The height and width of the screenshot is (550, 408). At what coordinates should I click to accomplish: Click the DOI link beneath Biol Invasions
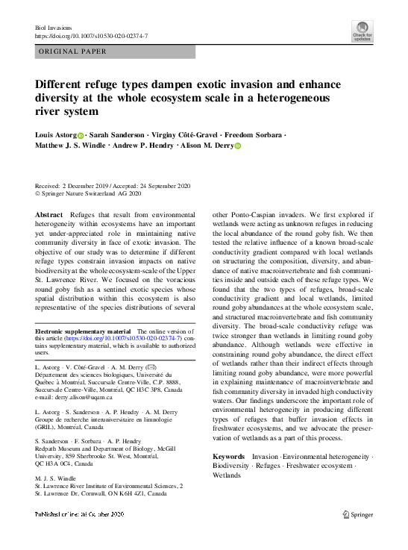[92, 36]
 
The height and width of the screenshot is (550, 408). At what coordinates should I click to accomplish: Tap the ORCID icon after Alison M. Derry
[239, 147]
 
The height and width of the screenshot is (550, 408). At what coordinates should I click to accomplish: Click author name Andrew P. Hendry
[142, 147]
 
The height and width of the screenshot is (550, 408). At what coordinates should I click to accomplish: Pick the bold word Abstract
[50, 214]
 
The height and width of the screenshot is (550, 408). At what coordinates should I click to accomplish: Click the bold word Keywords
[229, 456]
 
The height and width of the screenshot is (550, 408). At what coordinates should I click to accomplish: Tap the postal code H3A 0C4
[71, 463]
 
